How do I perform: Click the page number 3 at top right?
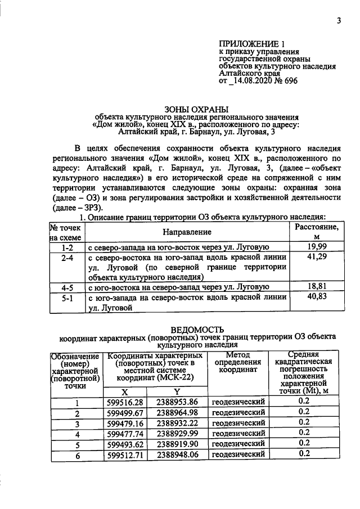339,21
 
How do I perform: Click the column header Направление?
187,232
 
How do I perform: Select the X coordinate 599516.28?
125,402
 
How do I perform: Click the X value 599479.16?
125,423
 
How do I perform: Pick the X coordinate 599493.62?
125,444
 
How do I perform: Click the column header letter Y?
177,391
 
